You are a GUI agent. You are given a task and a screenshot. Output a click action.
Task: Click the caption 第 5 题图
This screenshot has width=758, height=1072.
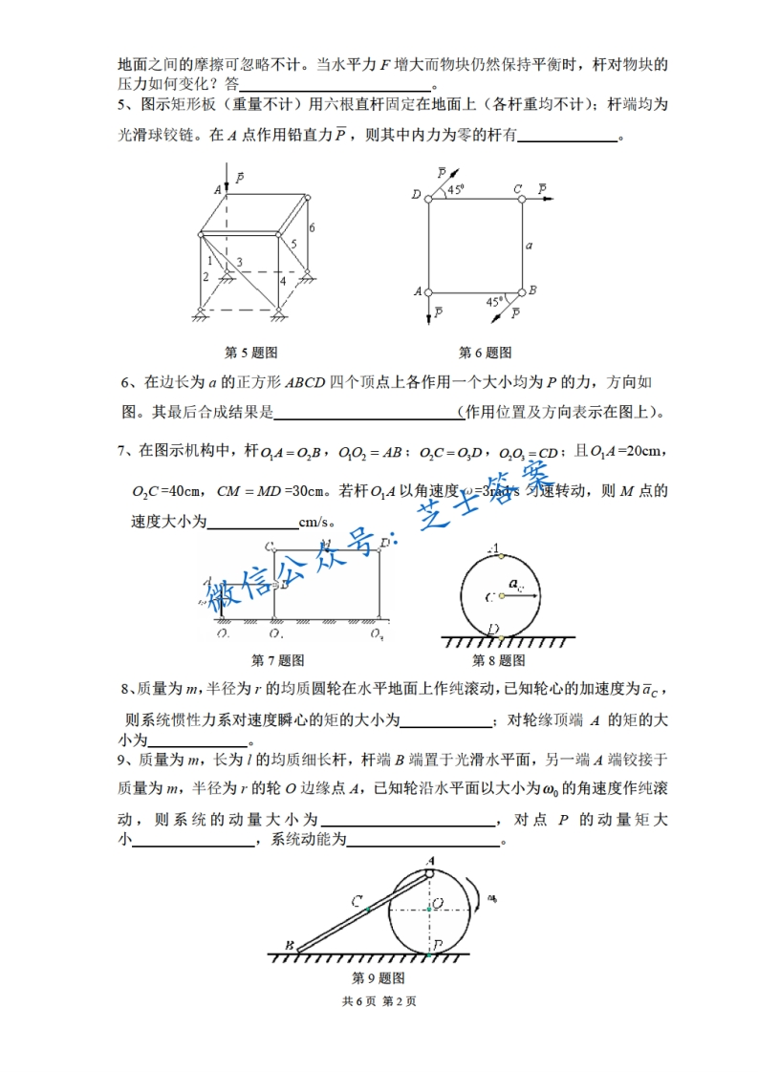[x=250, y=353]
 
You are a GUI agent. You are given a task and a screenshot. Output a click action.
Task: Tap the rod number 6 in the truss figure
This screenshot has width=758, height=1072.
[x=311, y=226]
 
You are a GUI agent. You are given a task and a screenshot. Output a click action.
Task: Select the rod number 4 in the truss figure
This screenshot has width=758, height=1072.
[x=282, y=281]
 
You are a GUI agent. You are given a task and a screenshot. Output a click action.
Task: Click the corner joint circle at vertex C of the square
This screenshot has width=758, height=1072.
[x=522, y=199]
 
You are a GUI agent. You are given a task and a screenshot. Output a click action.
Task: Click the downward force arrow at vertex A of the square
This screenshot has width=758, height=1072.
[x=428, y=308]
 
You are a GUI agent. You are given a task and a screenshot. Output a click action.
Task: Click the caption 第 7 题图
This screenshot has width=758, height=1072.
[x=277, y=660]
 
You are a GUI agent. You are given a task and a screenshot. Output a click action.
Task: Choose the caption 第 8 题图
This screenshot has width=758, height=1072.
[x=499, y=660]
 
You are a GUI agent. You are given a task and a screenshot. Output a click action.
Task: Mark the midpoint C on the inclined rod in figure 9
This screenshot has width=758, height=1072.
[x=367, y=910]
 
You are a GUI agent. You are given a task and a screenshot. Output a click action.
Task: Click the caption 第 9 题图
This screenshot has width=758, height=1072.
[x=379, y=978]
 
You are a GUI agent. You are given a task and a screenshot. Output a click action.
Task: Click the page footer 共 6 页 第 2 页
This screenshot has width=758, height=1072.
[x=379, y=1001]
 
